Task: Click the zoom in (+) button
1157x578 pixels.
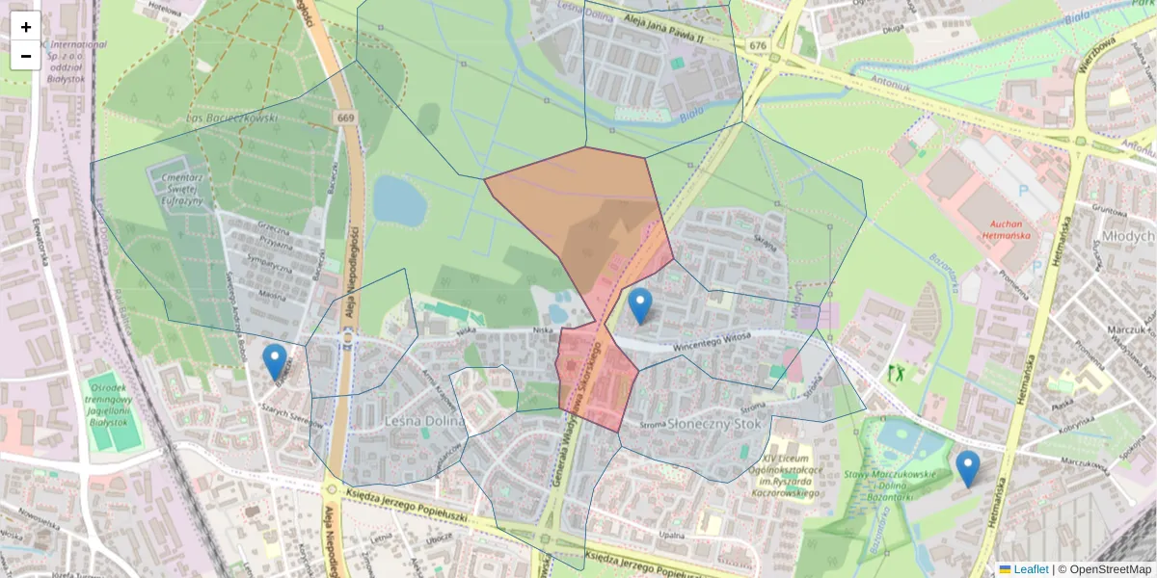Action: point(26,27)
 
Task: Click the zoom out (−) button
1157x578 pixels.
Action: point(26,56)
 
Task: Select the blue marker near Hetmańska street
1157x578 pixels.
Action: point(967,469)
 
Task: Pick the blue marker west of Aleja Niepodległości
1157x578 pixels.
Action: point(275,362)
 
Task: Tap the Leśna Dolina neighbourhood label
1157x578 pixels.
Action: point(423,422)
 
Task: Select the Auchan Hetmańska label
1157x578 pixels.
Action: point(1007,227)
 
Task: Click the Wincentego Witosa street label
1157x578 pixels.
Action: point(712,339)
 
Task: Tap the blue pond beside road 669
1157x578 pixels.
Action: point(399,198)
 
